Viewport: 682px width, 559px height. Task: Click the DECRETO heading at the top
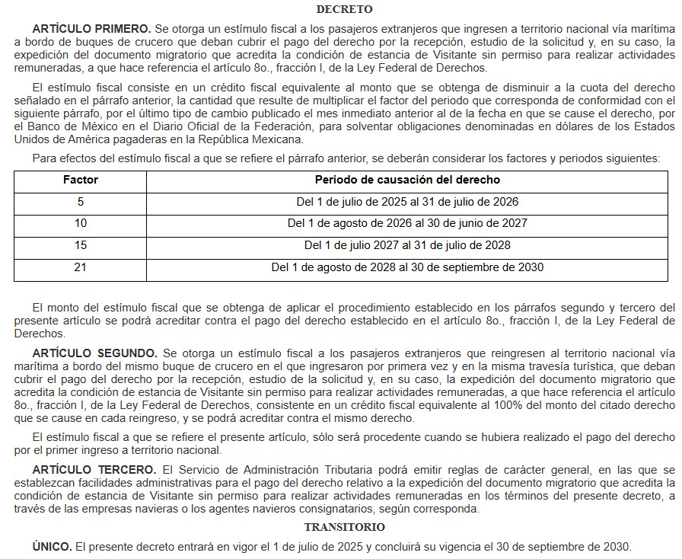coord(344,10)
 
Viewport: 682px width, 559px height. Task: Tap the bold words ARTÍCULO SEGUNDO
coord(94,353)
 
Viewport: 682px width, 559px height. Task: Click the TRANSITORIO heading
coord(344,527)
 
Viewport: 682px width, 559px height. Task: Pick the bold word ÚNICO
coord(52,547)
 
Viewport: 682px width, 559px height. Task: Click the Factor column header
coord(81,180)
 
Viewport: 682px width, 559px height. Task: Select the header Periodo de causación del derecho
coord(407,180)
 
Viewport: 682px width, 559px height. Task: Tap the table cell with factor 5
coord(81,202)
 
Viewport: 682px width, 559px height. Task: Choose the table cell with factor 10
coord(81,224)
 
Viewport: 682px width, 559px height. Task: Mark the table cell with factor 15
coord(81,245)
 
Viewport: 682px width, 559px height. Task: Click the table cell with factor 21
coord(81,267)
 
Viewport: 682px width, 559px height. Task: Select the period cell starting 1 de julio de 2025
coord(407,202)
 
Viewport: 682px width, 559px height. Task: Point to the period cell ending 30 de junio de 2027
coord(407,224)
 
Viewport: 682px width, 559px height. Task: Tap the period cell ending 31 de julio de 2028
coord(407,245)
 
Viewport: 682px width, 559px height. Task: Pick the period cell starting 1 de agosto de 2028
coord(407,267)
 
